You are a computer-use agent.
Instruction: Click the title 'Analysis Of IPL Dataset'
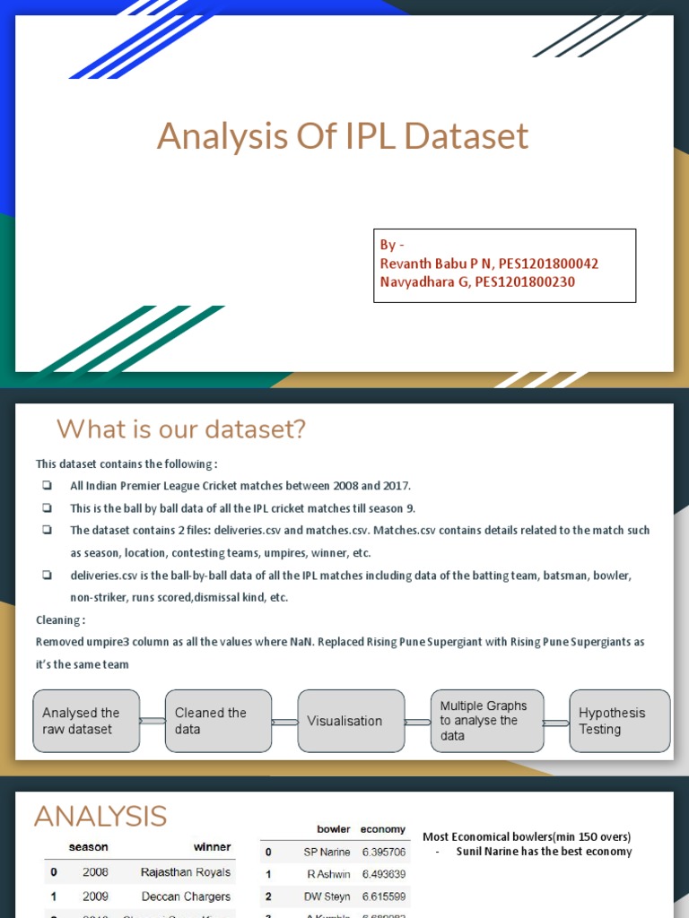point(343,137)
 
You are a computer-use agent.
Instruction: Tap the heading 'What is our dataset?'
point(181,429)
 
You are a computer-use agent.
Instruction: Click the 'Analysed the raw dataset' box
point(86,721)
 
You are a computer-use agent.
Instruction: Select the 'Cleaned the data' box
point(218,721)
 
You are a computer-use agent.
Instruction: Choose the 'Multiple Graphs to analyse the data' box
point(486,721)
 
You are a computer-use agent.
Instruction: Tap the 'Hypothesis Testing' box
point(619,721)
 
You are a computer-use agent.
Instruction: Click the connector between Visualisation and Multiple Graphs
point(417,721)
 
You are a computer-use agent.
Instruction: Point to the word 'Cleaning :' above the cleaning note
point(61,619)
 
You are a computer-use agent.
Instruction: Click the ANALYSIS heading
point(100,817)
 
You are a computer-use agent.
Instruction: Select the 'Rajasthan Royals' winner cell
point(186,872)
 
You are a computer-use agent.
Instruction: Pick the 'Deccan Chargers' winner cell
point(186,896)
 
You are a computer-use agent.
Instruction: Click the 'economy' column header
point(382,829)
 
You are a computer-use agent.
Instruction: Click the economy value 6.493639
point(383,874)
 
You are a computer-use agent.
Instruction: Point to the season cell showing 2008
point(95,872)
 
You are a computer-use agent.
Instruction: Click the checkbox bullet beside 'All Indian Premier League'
point(46,486)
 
